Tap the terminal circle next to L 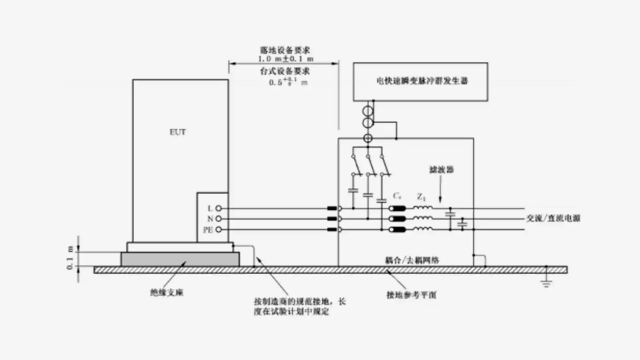(218, 208)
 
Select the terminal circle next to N (218, 219)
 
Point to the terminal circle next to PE (218, 229)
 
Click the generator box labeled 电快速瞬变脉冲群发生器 (420, 81)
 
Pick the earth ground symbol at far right (547, 282)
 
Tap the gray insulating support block (180, 259)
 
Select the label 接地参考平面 (412, 295)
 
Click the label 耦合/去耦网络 (412, 260)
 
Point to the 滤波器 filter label (441, 170)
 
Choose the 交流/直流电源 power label (553, 219)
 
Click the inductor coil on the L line (423, 208)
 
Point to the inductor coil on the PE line (423, 229)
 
